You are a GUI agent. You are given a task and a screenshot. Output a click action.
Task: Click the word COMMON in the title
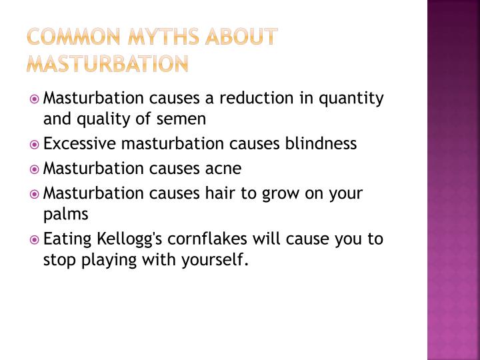[73, 37]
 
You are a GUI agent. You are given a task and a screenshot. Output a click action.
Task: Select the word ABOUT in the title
[241, 37]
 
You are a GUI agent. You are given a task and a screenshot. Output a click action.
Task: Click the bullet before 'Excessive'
[34, 144]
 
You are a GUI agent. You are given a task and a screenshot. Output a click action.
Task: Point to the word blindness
[321, 143]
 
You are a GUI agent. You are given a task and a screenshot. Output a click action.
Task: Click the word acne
[223, 169]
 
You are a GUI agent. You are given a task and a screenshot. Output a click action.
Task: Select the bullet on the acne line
[34, 169]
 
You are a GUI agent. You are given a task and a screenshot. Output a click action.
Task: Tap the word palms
[66, 214]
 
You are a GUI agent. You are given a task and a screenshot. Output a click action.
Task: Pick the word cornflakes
[207, 239]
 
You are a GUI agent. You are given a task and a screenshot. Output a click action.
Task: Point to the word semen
[181, 119]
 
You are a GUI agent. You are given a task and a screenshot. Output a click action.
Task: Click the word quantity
[351, 99]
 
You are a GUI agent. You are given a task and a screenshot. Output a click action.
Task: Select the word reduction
[257, 98]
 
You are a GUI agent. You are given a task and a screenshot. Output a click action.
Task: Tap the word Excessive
[79, 143]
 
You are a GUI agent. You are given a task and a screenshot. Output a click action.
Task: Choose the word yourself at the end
[215, 260]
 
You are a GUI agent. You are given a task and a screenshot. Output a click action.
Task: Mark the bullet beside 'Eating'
[34, 240]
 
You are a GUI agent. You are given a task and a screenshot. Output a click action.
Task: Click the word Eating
[67, 239]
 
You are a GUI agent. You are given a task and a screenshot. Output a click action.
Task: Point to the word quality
[103, 119]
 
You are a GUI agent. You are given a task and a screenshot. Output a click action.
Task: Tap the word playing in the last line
[109, 260]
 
